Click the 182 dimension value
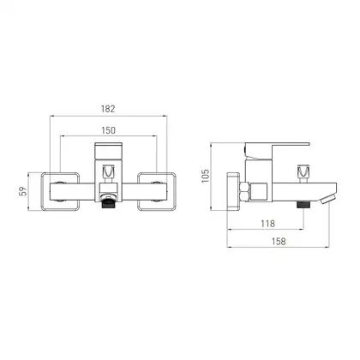click(108, 109)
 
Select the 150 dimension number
click(109, 130)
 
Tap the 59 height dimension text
click(23, 191)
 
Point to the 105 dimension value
click(205, 176)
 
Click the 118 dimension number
click(267, 224)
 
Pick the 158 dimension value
click(279, 242)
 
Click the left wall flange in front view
click(60, 191)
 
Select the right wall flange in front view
click(157, 191)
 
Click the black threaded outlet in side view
click(303, 204)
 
